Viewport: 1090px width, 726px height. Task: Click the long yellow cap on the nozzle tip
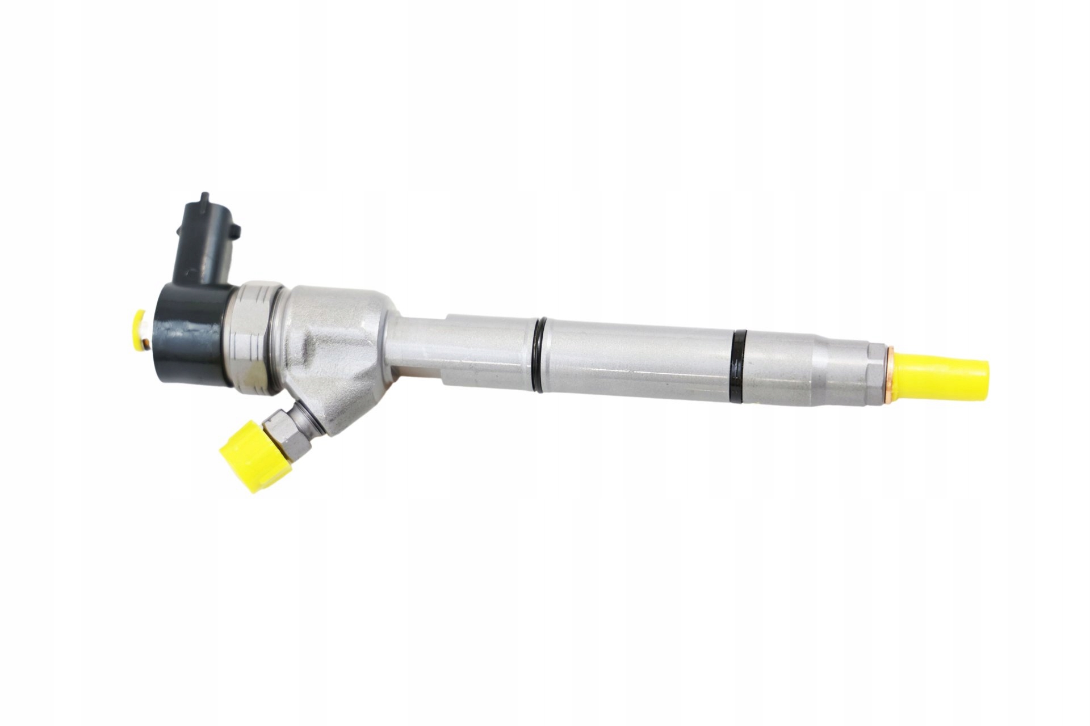click(x=942, y=375)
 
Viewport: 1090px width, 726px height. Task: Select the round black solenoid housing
click(x=193, y=335)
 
